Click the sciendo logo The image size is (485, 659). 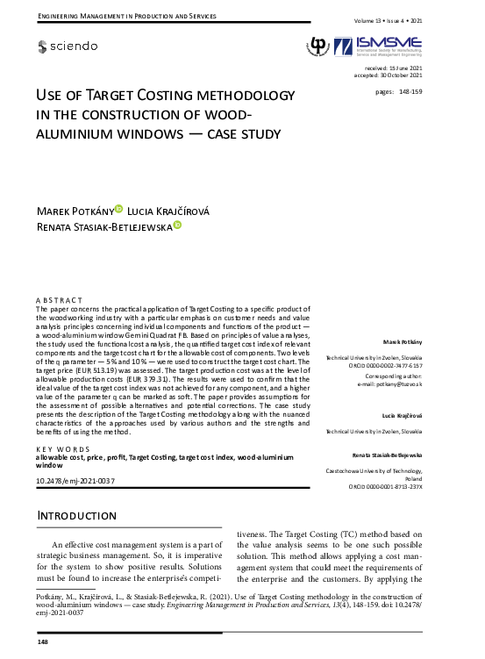(68, 46)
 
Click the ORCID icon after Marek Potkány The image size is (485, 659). (119, 209)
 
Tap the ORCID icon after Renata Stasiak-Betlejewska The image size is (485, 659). (176, 226)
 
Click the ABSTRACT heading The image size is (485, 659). (59, 300)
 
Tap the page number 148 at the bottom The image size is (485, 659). (42, 643)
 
